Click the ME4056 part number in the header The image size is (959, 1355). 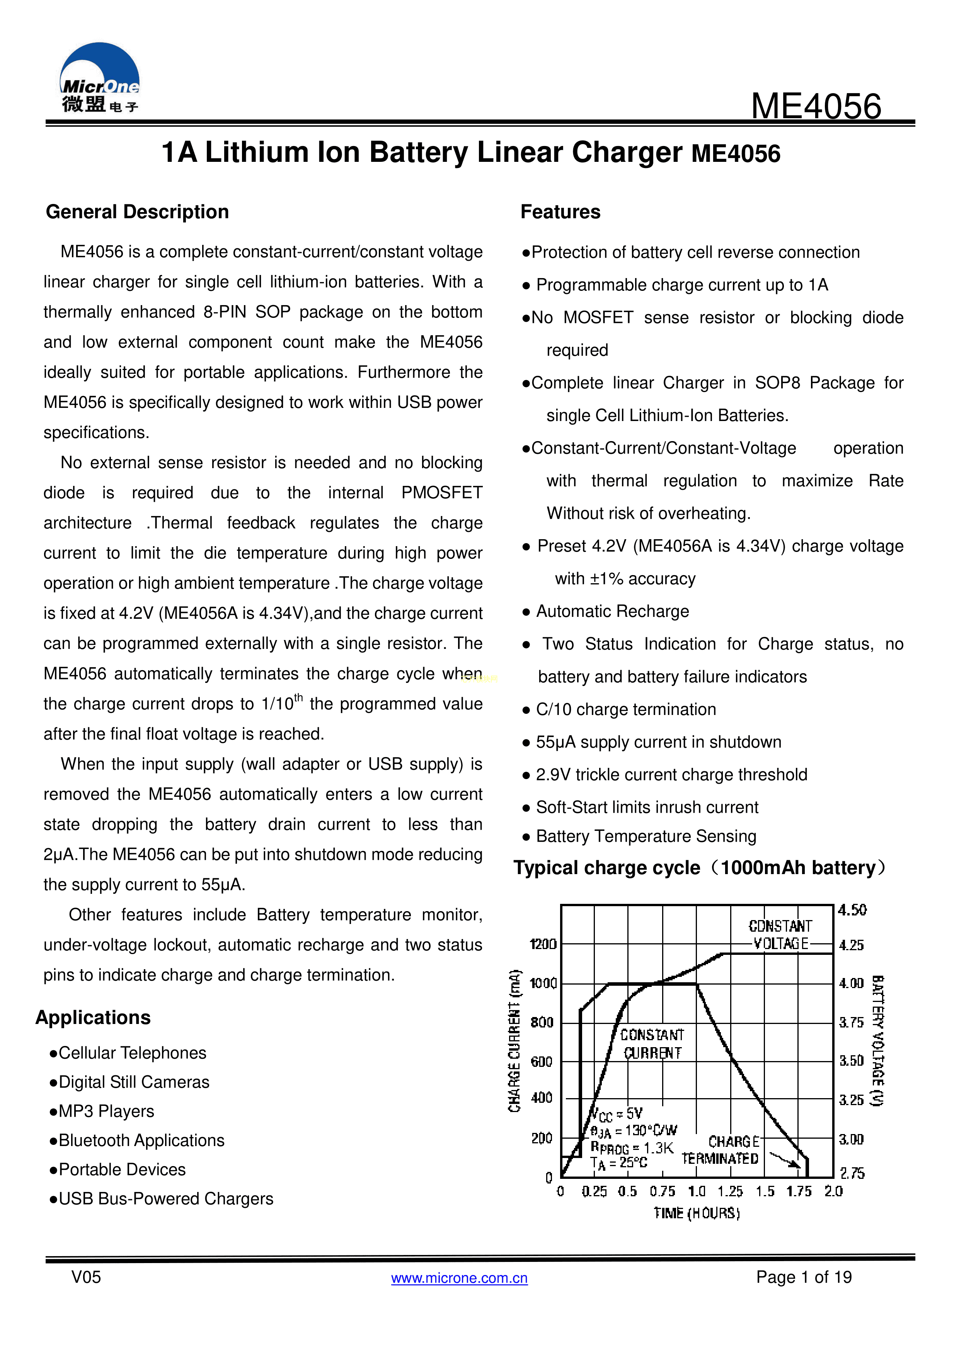(816, 107)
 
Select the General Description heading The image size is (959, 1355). (137, 212)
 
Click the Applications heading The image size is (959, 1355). (93, 1017)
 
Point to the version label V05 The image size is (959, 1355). (86, 1277)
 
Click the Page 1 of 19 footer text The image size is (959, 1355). (803, 1277)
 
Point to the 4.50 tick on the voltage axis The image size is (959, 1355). (852, 910)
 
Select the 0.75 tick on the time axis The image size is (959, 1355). (662, 1192)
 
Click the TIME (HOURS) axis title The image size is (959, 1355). (697, 1213)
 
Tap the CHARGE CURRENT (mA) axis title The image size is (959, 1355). (515, 1041)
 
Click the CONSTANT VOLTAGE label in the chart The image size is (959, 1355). (780, 935)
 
